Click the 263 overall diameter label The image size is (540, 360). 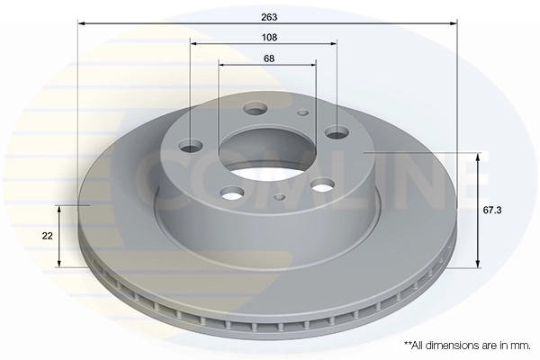coord(269,17)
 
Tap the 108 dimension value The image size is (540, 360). coord(269,37)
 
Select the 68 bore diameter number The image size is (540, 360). coord(269,58)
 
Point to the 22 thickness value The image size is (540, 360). coord(47,236)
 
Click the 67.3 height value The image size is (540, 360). coord(492,210)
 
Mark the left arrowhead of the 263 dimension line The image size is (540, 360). coord(81,23)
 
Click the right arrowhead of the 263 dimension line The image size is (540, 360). coord(454,23)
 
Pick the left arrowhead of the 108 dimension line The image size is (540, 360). coord(193,43)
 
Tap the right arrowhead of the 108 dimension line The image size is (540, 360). coord(333,43)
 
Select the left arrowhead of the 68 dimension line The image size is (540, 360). coord(222,65)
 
